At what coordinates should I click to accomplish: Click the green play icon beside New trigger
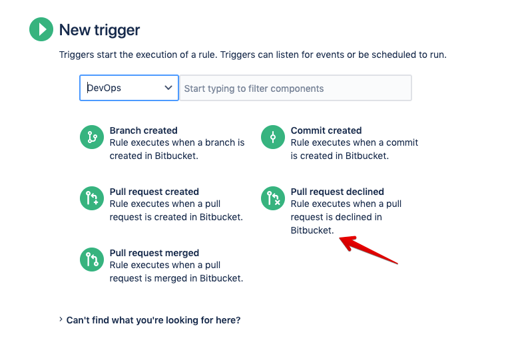tap(41, 30)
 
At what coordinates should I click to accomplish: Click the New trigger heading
tap(99, 30)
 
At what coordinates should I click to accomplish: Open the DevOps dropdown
tap(129, 88)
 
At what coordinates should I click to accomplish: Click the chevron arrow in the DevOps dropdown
tap(168, 88)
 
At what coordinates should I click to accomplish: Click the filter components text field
tap(295, 88)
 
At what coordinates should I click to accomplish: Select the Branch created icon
tap(92, 137)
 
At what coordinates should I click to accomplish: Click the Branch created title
tap(143, 130)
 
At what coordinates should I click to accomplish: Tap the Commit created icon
tap(273, 137)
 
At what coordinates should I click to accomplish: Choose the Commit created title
tap(326, 130)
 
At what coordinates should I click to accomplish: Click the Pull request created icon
tap(92, 198)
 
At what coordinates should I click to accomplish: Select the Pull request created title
tap(154, 192)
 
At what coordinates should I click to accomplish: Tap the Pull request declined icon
tap(273, 198)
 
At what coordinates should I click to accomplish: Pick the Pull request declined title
tap(337, 192)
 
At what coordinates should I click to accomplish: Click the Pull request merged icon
tap(92, 260)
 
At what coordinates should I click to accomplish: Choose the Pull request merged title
tap(154, 253)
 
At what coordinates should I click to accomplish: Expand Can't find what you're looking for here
tap(153, 320)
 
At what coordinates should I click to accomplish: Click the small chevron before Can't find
tap(61, 320)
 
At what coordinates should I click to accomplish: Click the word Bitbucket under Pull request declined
tap(312, 230)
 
